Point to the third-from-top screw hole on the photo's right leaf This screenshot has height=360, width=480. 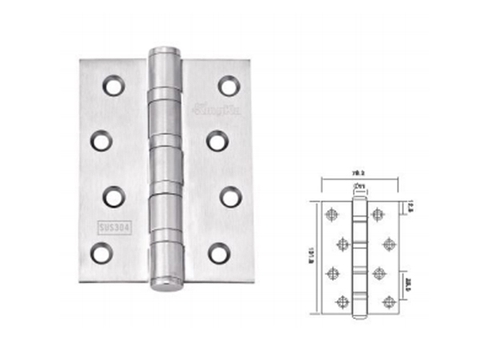(229, 196)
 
